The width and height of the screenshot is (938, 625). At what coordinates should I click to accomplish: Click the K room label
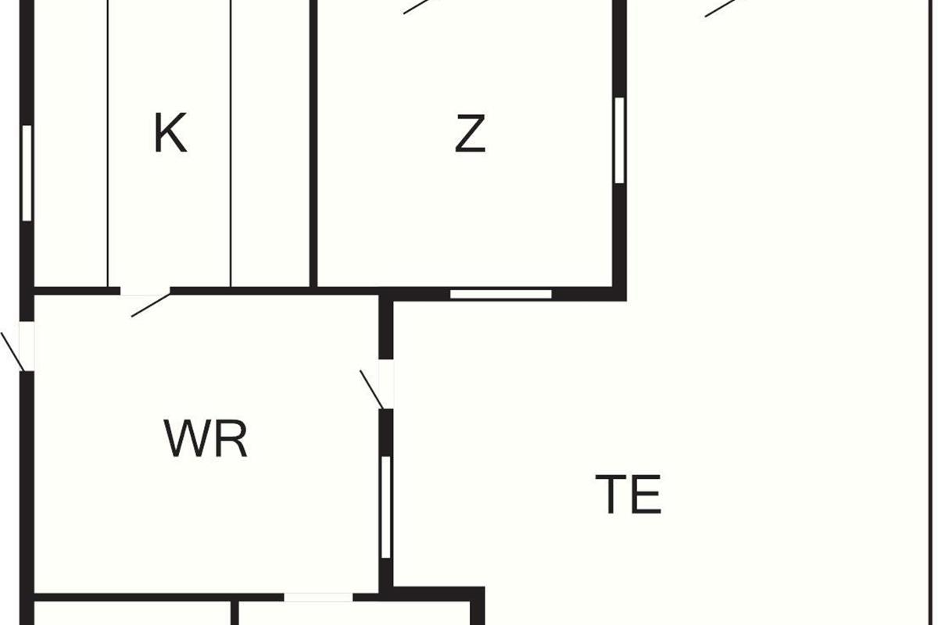[x=170, y=134]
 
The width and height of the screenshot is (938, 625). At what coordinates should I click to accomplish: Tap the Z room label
[x=471, y=134]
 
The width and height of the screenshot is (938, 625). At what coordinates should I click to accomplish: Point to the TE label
[x=628, y=494]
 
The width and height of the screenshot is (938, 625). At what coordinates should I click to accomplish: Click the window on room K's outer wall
[x=27, y=173]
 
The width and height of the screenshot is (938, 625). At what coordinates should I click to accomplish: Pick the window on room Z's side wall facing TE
[x=619, y=140]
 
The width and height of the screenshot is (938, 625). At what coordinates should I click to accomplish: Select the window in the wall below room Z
[x=501, y=295]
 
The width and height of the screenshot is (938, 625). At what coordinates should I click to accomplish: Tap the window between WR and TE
[x=385, y=507]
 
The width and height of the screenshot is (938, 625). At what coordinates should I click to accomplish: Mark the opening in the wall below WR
[x=318, y=597]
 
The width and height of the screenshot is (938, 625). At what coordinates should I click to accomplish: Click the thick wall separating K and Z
[x=313, y=141]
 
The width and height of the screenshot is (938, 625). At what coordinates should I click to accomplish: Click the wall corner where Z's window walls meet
[x=619, y=294]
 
